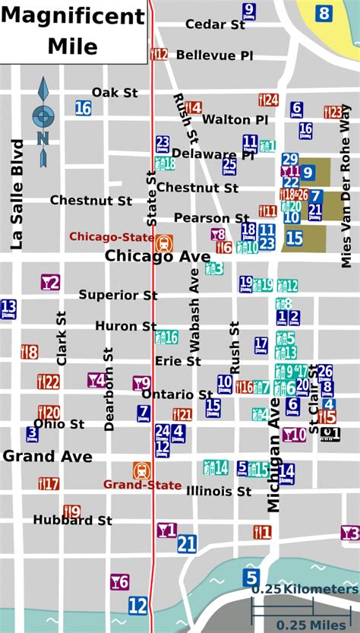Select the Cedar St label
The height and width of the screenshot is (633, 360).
pos(216,24)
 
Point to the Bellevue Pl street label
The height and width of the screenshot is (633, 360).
pos(214,55)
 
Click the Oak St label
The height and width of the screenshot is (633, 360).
pos(115,93)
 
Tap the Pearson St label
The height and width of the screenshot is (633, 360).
pos(211,218)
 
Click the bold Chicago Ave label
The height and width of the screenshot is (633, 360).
pos(157,256)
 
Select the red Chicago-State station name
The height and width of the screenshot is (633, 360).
pos(108,236)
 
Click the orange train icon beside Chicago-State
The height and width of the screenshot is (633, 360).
pos(163,243)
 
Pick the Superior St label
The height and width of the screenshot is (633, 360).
pos(118,294)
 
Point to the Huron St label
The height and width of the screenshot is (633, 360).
pos(125,326)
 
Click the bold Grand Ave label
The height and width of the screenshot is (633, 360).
pos(47,456)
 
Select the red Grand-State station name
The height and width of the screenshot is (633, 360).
pos(142,485)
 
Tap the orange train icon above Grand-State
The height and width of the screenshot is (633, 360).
pos(142,470)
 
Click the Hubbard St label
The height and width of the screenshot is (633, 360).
pos(72,521)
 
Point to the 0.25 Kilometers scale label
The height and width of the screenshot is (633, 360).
pos(305,590)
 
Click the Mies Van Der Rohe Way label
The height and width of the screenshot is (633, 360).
pos(346,186)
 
